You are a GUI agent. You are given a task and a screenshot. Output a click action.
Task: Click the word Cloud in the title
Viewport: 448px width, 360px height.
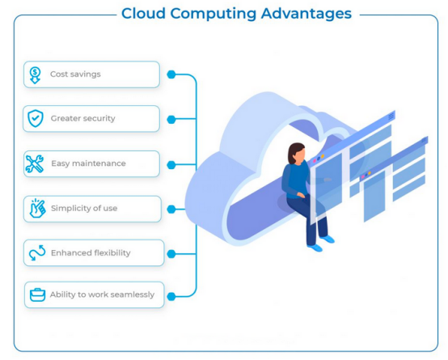point(143,13)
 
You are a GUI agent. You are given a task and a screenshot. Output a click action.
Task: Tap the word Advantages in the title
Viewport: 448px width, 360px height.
point(306,14)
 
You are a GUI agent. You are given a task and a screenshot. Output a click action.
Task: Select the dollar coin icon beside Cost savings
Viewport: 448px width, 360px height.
point(35,75)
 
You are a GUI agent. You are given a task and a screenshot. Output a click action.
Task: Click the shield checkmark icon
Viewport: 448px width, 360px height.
point(36,118)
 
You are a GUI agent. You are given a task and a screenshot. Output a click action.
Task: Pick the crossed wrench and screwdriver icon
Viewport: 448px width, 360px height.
point(34,163)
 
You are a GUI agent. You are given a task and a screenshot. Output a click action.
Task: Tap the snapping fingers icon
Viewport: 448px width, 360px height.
point(37,208)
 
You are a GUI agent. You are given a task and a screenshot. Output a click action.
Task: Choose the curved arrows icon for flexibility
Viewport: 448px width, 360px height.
point(37,252)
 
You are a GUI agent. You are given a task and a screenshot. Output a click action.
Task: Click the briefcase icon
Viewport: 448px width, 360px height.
point(37,294)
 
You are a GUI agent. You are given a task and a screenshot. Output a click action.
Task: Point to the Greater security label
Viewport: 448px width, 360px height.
point(82,118)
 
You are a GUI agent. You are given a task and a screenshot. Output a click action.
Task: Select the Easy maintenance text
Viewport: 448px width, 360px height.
point(88,163)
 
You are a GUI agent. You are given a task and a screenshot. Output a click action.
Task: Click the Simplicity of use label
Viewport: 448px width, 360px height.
point(84,208)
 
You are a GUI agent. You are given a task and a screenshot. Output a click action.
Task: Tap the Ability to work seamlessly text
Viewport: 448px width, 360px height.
point(102,294)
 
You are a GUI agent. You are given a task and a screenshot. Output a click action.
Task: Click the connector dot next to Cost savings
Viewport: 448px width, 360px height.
point(171,74)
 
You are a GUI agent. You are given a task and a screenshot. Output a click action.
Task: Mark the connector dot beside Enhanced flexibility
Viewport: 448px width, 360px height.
point(171,254)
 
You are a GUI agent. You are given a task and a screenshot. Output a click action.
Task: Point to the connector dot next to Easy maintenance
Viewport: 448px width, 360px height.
point(171,165)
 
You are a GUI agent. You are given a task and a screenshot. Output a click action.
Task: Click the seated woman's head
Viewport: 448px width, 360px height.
point(297,153)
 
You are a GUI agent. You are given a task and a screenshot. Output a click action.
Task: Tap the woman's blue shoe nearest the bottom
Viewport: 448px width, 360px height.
point(315,248)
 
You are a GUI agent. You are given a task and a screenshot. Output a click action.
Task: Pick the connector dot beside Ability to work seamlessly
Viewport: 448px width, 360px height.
point(171,297)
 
